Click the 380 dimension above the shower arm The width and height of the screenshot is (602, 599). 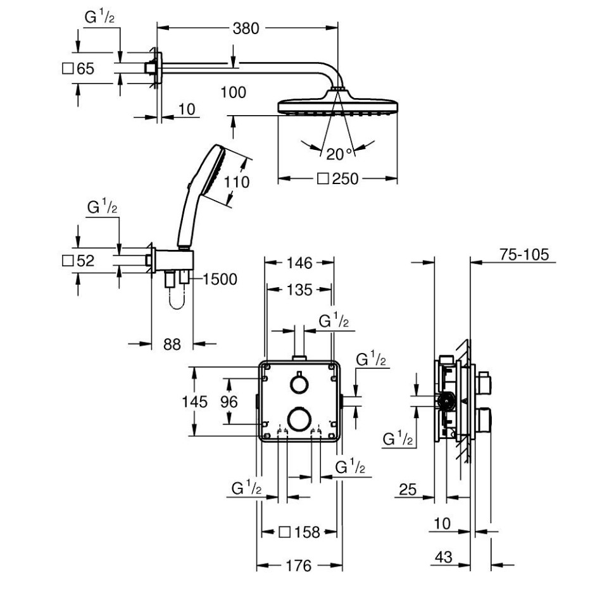tap(246, 28)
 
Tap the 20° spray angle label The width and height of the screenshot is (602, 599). tap(339, 154)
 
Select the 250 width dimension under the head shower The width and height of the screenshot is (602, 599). tap(338, 179)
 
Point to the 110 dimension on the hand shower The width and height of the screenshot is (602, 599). tap(237, 182)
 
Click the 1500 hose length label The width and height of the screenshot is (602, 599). tap(220, 279)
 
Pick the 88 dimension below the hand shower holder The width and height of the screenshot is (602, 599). tap(172, 344)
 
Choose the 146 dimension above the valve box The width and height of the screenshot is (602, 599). tap(299, 263)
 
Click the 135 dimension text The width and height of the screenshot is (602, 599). tap(299, 290)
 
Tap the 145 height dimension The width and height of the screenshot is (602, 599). tap(194, 402)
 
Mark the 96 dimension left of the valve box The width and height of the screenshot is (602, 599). tap(229, 402)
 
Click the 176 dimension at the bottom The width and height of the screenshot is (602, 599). tap(299, 565)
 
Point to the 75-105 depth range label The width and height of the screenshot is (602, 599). tap(524, 254)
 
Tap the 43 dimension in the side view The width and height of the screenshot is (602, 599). tap(444, 557)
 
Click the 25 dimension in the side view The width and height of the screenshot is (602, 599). tap(408, 490)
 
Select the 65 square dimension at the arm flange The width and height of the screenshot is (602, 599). tap(78, 69)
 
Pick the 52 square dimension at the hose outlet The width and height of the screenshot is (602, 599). tap(78, 261)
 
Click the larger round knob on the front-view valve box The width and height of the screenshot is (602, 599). tap(298, 419)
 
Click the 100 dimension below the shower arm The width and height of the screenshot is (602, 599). tap(234, 92)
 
